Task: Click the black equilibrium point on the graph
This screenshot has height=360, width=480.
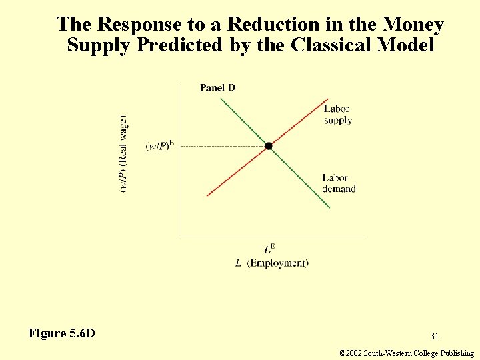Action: [269, 146]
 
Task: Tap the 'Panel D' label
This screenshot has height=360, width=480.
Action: [217, 88]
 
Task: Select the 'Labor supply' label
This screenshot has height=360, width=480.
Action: [337, 115]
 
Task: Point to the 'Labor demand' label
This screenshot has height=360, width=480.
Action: [339, 183]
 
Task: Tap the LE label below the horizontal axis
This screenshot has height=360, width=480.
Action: [269, 249]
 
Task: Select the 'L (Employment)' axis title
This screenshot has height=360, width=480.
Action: [272, 263]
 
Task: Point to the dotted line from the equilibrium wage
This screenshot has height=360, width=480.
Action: [220, 146]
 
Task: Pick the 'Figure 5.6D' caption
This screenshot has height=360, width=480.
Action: [62, 333]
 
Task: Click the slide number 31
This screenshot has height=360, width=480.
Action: [434, 337]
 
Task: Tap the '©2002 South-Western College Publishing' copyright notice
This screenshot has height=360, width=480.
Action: [407, 353]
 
